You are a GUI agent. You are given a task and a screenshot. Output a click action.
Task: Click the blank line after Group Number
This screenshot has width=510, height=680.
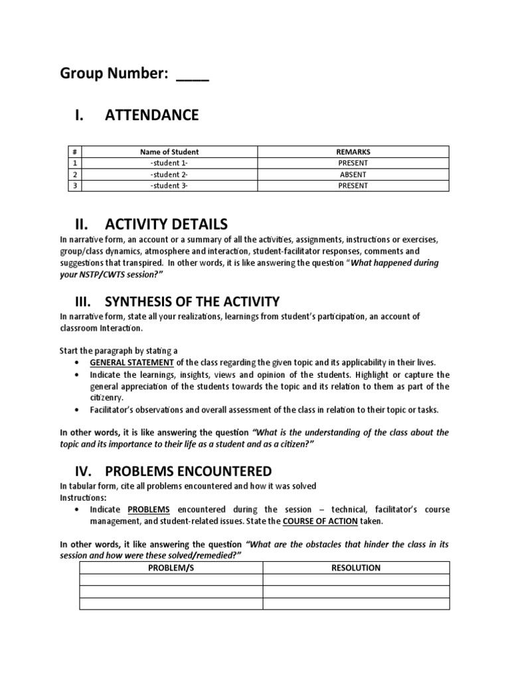(193, 75)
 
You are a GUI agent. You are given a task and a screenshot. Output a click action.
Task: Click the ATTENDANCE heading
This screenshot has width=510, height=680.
(151, 116)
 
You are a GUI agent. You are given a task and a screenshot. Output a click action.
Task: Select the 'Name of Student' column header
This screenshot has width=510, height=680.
(169, 152)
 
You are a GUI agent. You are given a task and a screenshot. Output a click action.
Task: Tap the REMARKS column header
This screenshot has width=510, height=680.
(353, 152)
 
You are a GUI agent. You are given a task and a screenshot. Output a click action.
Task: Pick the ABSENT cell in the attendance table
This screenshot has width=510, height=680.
(353, 175)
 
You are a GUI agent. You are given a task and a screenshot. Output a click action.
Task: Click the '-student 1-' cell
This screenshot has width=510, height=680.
(169, 163)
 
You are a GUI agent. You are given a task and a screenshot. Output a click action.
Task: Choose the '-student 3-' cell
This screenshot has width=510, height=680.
(169, 186)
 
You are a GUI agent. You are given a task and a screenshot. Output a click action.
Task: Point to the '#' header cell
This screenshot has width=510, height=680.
(76, 152)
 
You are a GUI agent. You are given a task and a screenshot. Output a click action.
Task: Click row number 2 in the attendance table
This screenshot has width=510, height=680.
(76, 175)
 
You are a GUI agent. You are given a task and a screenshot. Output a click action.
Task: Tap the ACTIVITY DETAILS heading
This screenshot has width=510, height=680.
(166, 222)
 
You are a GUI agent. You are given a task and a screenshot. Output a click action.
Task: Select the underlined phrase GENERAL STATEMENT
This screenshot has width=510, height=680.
(131, 363)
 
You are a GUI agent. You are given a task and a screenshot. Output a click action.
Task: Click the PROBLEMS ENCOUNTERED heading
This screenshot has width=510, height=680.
(188, 471)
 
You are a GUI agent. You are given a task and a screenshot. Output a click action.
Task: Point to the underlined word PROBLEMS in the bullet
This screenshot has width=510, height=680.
(149, 509)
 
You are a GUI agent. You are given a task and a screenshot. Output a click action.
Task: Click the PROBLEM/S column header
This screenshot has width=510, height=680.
(171, 568)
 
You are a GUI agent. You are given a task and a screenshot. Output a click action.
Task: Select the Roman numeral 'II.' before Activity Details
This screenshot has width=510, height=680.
(83, 222)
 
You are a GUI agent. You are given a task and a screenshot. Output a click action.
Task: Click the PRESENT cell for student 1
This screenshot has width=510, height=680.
(353, 163)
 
